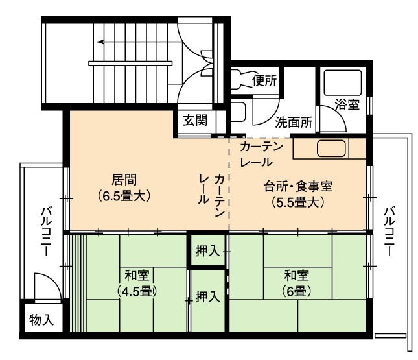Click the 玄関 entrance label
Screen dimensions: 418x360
195,121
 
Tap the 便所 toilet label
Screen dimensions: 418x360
264,80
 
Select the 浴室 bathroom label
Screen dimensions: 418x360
347,104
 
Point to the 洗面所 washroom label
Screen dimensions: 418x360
294,123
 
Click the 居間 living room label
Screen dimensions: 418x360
124,180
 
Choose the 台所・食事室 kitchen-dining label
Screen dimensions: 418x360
298,186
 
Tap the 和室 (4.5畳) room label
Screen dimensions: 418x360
137,283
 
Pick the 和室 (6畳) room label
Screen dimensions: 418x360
296,283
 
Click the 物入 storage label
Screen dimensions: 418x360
41,320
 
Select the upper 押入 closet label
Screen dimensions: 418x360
207,251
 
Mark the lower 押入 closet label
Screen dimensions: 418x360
207,296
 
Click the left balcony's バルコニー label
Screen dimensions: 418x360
46,232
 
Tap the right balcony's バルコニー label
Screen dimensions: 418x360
389,232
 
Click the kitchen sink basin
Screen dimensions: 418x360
331,149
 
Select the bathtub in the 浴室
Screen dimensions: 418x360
343,83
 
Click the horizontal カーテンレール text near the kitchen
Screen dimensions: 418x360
261,154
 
